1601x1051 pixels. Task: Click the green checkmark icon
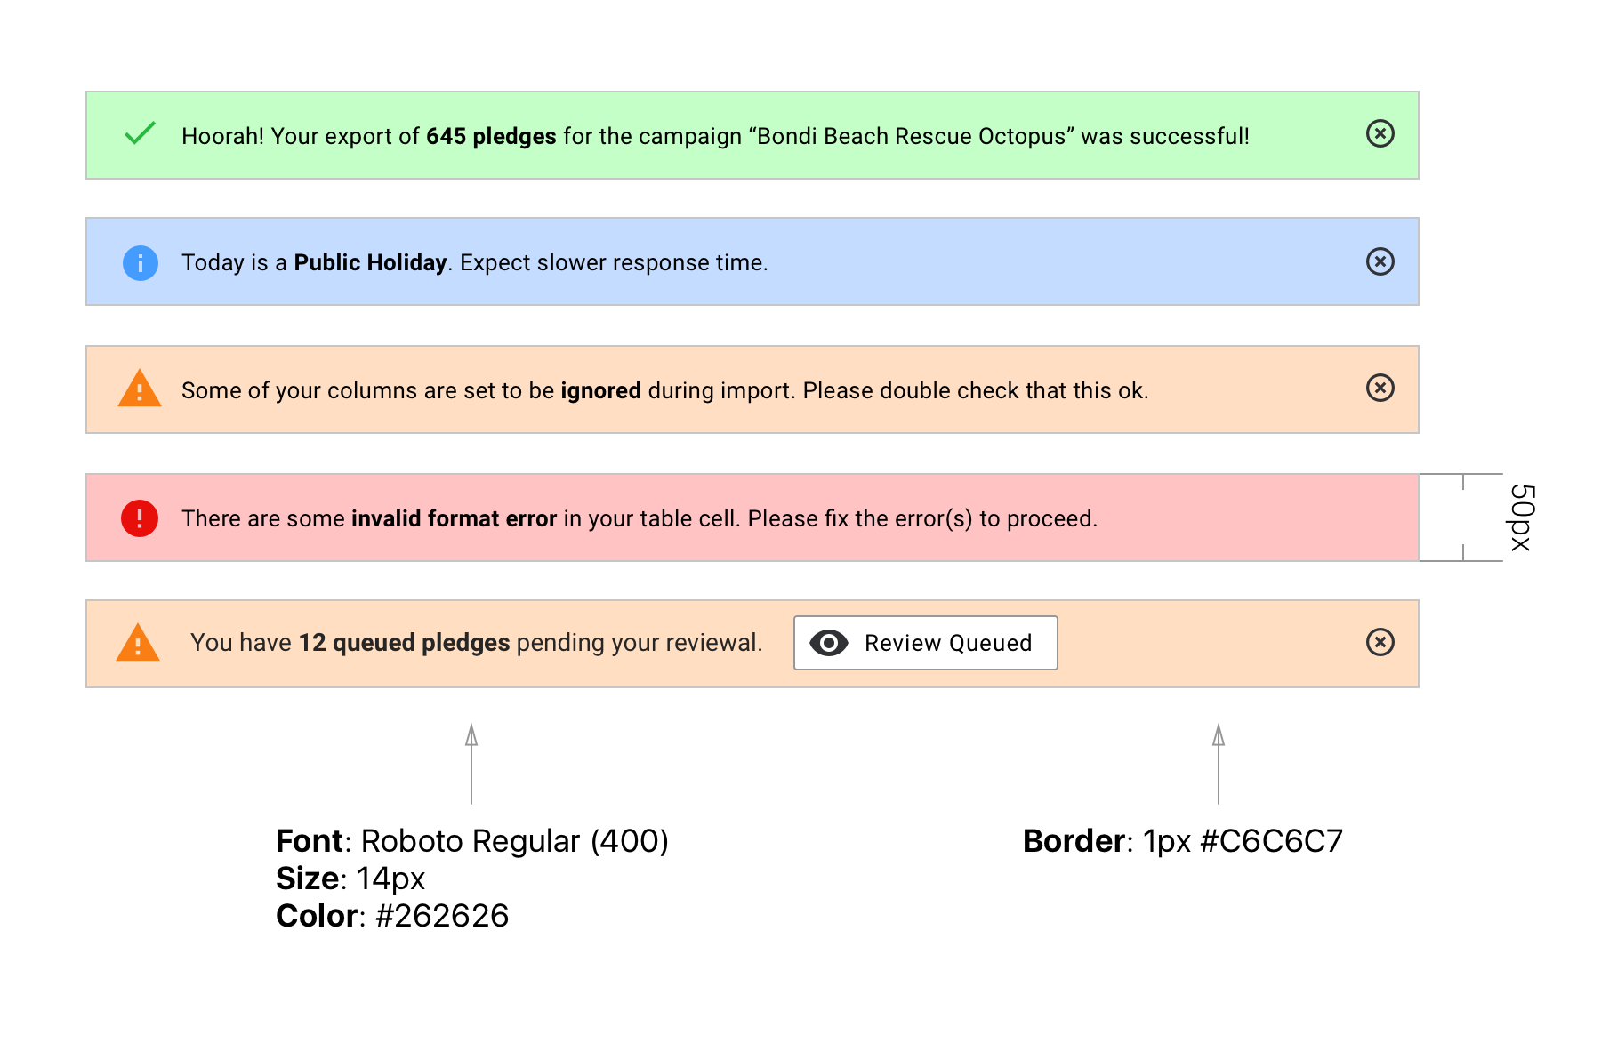click(140, 133)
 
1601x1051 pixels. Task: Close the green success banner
click(1380, 133)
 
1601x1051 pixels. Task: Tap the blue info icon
click(140, 263)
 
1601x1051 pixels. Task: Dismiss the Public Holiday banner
click(1380, 261)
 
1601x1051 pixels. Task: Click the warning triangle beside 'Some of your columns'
click(140, 389)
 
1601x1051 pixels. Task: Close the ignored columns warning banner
click(1380, 388)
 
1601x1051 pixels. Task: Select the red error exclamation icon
click(140, 518)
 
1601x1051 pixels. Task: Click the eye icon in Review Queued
click(828, 643)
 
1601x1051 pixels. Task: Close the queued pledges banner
click(1380, 642)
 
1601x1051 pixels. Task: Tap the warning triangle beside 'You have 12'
click(138, 643)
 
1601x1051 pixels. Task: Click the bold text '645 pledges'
click(491, 136)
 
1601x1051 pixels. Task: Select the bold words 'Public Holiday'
click(370, 262)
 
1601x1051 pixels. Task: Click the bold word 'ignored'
click(600, 390)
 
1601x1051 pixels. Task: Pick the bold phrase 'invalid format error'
click(454, 518)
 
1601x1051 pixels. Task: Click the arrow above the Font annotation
click(471, 764)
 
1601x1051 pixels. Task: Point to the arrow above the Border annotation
click(1219, 764)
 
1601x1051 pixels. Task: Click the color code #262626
click(442, 916)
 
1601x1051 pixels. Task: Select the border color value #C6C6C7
click(1271, 841)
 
